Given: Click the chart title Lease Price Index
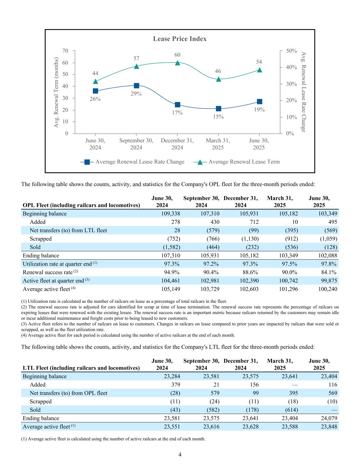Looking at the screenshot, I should point(179,39).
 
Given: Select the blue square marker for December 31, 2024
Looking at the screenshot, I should point(177,105).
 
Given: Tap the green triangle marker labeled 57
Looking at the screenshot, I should point(136,66).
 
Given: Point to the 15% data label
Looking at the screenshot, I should point(218,117).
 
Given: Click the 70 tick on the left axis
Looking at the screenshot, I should point(65,51).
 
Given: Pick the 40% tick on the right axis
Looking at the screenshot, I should point(291,67).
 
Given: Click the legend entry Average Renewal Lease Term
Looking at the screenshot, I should point(244,162).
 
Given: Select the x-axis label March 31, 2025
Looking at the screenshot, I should point(218,144).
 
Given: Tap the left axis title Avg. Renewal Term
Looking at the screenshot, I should point(57,92).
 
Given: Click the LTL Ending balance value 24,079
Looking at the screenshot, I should point(327,419).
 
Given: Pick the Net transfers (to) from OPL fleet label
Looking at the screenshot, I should point(68,393).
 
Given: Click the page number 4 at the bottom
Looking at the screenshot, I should point(180,454).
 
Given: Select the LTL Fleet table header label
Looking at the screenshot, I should point(81,368).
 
